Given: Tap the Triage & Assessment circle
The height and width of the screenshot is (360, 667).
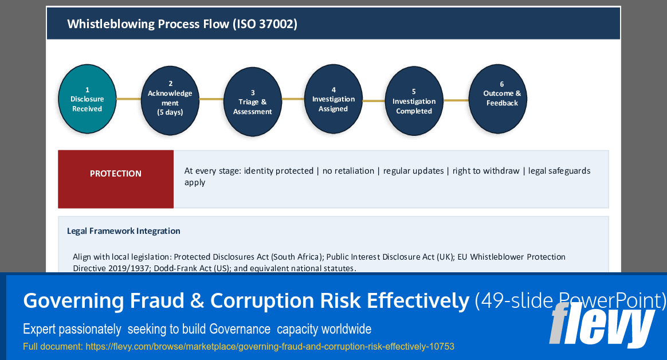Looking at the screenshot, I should tap(252, 102).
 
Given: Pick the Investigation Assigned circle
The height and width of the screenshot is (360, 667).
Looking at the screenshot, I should tap(333, 100).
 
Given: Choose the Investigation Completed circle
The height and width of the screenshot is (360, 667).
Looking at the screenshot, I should tap(414, 101).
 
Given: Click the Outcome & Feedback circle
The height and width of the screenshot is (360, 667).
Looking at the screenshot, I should tap(497, 99).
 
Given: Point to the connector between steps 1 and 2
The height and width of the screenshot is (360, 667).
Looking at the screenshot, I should tap(128, 99).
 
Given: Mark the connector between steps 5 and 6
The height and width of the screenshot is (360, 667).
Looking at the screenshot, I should tap(456, 100).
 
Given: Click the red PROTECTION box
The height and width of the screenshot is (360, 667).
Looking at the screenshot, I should tap(116, 179).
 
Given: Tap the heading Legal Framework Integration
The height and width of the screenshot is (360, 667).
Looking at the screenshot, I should tap(123, 231).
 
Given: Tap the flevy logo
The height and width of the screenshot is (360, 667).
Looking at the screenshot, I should tap(602, 325).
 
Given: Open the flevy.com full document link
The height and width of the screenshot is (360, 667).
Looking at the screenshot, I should tap(270, 346).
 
